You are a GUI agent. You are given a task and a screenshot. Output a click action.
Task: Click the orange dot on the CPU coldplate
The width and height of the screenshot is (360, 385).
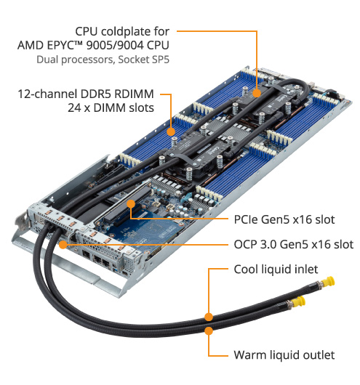pyautogui.click(x=257, y=93)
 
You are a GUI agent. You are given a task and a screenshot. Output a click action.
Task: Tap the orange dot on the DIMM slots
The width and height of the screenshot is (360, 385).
pyautogui.click(x=171, y=131)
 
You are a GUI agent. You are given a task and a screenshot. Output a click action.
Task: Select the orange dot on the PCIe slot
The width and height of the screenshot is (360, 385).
pyautogui.click(x=131, y=204)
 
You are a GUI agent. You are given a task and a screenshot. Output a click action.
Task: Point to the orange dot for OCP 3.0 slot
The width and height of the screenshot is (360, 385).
pyautogui.click(x=63, y=245)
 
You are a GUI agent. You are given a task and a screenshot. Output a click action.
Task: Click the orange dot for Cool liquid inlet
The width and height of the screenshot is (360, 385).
pyautogui.click(x=209, y=317)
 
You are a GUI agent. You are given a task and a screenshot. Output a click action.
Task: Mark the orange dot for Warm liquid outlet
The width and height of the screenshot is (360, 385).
pyautogui.click(x=209, y=331)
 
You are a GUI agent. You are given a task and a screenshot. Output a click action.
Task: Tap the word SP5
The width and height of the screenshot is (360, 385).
pyautogui.click(x=160, y=60)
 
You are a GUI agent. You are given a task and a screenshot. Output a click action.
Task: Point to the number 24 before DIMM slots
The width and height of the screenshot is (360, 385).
pyautogui.click(x=74, y=108)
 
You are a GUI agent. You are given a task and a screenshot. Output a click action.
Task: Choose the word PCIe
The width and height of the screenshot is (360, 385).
pyautogui.click(x=246, y=219)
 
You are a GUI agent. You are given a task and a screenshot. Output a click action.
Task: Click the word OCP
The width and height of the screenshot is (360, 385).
pyautogui.click(x=244, y=245)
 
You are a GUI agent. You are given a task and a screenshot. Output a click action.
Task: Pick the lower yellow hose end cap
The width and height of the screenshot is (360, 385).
pyautogui.click(x=300, y=301)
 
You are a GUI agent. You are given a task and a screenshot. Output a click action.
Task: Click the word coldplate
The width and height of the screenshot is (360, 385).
pyautogui.click(x=126, y=32)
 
